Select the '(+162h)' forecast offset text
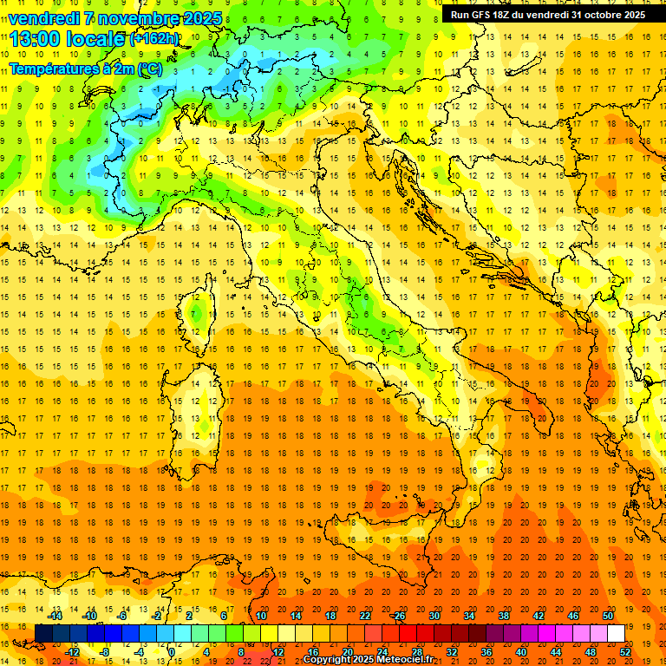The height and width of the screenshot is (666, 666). [153, 39]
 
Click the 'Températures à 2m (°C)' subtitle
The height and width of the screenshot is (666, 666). [85, 69]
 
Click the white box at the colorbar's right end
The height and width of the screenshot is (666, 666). [616, 633]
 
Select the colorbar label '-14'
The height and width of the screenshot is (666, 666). [55, 616]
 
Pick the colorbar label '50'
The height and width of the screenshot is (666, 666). [608, 616]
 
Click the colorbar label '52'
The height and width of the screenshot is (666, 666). [625, 651]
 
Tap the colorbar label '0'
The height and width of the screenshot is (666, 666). [172, 651]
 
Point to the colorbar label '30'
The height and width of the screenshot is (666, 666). [434, 616]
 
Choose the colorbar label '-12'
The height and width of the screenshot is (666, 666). [72, 651]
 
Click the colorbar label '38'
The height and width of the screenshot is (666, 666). [503, 616]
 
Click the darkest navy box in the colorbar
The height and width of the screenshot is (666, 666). [43, 633]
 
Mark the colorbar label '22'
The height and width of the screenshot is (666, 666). [365, 616]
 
